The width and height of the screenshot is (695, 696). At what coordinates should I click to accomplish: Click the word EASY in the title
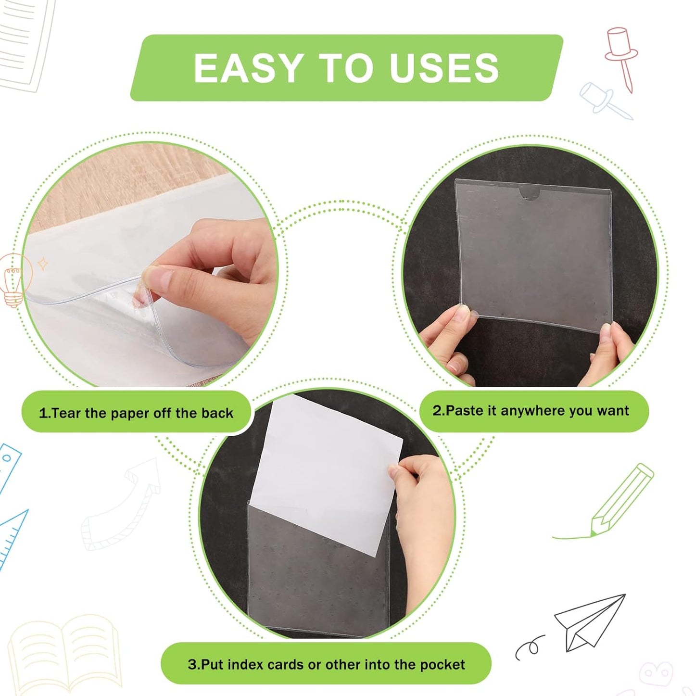[x=247, y=68]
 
